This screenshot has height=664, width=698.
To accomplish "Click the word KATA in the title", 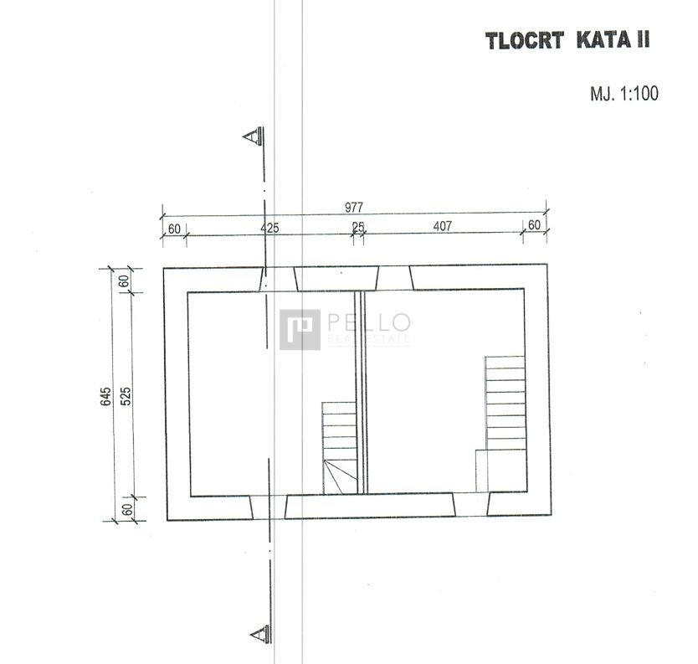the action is pos(603,39).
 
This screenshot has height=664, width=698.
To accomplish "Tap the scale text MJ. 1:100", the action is pos(624,94).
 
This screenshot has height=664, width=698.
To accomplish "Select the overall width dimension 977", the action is pos(354,207).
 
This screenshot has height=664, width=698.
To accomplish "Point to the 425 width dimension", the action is pos(269,228).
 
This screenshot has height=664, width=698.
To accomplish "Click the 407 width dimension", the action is pos(443,226).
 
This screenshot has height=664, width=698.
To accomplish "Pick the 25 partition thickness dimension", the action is pos(358,227).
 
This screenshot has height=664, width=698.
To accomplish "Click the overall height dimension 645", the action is pos(106,396).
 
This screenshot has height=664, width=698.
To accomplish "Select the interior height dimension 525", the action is pos(126,396).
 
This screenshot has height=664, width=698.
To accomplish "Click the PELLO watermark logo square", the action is pos(300,330).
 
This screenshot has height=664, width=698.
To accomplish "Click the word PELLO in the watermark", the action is pos(369,322).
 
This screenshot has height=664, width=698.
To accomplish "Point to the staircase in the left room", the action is pos(340,448).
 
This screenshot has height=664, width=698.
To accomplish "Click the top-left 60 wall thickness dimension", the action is pos(174,229).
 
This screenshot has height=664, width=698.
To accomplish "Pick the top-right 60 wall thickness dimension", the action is pos(534,225).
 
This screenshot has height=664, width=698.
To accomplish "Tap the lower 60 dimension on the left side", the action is pos(128,509).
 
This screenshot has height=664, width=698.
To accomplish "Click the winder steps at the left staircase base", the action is pos(340,477).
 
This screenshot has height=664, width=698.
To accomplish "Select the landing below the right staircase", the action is pos(500,471).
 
